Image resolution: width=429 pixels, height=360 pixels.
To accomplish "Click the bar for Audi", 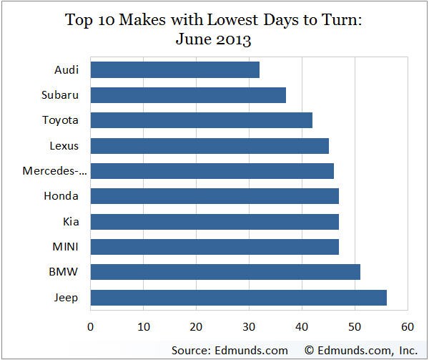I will pos(174,70).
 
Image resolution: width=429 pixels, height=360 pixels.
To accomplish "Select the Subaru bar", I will pos(188,95).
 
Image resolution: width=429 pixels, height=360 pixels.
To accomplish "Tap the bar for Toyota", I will pos(201,120).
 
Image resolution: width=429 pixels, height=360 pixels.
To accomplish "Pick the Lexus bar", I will pos(209,146).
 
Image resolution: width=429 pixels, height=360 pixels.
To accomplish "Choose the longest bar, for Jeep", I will pos(238,298).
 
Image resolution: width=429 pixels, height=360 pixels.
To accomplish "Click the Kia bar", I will pos(214,222).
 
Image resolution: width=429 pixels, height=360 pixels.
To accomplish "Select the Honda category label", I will pos(61,196).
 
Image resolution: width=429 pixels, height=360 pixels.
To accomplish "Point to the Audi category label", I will pos(66,70).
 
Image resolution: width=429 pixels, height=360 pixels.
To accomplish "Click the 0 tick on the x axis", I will pos(91,327).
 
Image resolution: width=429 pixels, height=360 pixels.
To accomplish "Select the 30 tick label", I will pos(249,327).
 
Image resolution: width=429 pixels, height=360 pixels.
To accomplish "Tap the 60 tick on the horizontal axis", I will pos(408,327).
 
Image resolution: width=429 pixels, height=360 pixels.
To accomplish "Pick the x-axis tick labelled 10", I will pos(143,327).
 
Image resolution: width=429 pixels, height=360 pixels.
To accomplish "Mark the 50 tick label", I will pos(355,327).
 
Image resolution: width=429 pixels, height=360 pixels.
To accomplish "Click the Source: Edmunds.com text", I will pos(230,350).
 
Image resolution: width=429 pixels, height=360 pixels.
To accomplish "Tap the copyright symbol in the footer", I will pos(310,350).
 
